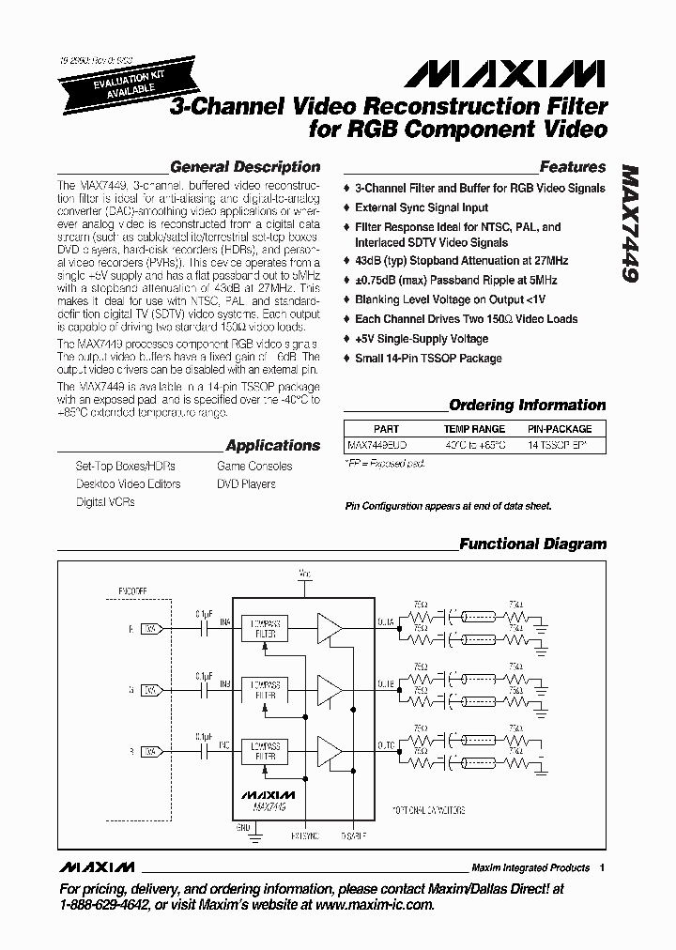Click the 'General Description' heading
[x=245, y=167]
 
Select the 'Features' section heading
[x=573, y=167]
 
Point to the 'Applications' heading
[x=273, y=446]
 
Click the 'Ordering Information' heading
[x=527, y=406]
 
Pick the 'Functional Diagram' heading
[x=532, y=544]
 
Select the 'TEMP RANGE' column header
[x=474, y=429]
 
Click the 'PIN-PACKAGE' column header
[x=559, y=429]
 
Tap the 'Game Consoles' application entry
[x=254, y=466]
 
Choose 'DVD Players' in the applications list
[x=246, y=484]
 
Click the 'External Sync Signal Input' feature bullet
[x=422, y=207]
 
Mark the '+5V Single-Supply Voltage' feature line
[x=422, y=338]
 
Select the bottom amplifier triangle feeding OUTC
[x=330, y=751]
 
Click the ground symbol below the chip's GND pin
[x=248, y=830]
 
